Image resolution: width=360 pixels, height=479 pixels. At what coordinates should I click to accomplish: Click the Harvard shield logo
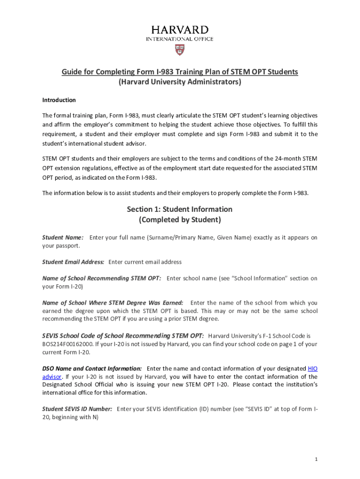(180, 49)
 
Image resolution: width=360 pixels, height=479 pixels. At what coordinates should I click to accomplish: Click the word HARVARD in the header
(180, 30)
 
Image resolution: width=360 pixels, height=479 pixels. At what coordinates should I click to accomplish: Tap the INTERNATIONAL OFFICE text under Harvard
(180, 39)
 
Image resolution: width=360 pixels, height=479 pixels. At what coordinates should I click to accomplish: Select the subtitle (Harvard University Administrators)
(180, 82)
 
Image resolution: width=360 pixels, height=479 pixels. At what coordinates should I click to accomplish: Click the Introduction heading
(59, 100)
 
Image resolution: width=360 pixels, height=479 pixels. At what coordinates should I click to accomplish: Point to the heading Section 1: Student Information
(180, 209)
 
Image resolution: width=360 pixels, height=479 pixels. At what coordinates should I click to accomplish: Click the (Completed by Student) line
(180, 220)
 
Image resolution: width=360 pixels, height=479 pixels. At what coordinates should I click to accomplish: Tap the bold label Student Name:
(63, 238)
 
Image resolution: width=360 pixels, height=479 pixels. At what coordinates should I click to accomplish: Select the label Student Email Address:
(73, 262)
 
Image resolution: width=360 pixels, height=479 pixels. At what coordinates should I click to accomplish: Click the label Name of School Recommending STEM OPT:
(101, 278)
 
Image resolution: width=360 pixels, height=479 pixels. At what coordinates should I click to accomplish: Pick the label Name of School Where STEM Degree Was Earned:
(113, 303)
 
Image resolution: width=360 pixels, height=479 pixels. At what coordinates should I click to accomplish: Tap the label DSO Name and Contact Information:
(92, 369)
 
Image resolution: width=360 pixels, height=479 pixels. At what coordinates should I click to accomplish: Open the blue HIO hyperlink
(313, 369)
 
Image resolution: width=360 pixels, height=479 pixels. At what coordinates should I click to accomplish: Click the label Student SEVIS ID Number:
(77, 409)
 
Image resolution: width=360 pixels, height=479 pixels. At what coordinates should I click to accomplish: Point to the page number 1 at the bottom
(316, 459)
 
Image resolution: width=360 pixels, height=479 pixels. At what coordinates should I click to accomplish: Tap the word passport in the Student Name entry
(67, 246)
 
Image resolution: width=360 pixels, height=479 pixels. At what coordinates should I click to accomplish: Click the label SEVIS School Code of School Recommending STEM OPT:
(123, 336)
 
